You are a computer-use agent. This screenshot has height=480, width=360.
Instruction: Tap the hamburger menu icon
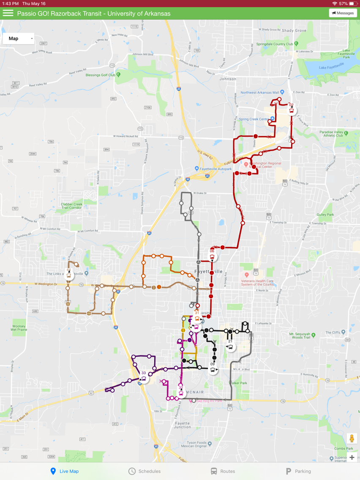(8, 13)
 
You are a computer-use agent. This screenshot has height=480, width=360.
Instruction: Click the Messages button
(343, 13)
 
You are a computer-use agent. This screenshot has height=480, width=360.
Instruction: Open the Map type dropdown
(19, 38)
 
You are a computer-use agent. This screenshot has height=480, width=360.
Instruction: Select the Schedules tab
(144, 471)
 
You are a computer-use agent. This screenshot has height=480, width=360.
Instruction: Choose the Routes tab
(223, 471)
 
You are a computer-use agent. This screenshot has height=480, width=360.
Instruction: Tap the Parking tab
(298, 471)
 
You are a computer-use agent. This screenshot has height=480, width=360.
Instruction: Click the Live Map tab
(64, 471)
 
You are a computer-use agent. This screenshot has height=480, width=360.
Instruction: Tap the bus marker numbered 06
(212, 256)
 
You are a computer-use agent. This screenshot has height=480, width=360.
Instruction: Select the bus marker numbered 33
(144, 378)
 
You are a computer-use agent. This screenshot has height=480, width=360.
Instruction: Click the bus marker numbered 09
(213, 369)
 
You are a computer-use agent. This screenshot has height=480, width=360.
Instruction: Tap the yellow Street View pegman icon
(352, 439)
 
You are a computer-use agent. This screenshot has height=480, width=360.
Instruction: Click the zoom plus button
(352, 457)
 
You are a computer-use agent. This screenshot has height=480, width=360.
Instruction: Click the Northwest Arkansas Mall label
(262, 93)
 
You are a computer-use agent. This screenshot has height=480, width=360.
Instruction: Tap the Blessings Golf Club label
(100, 75)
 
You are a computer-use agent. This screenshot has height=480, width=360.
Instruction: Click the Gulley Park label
(325, 215)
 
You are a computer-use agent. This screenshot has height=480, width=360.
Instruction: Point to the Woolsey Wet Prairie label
(19, 328)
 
